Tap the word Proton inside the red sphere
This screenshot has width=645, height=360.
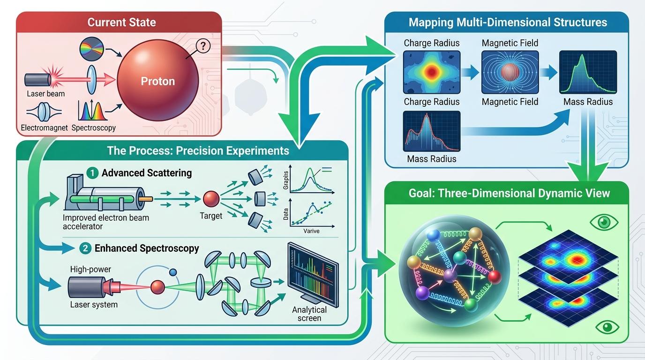[x=157, y=81]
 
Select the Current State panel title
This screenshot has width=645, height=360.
[x=122, y=22]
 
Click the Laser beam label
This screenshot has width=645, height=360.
[x=46, y=93]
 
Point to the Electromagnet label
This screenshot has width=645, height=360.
[x=45, y=127]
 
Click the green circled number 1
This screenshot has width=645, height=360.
[x=93, y=173]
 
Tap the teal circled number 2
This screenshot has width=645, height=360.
[x=85, y=248]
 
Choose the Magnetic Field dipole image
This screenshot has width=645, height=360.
[x=510, y=72]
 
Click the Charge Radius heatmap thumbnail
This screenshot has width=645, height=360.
[x=431, y=72]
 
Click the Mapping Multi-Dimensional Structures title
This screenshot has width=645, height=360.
[x=508, y=22]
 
